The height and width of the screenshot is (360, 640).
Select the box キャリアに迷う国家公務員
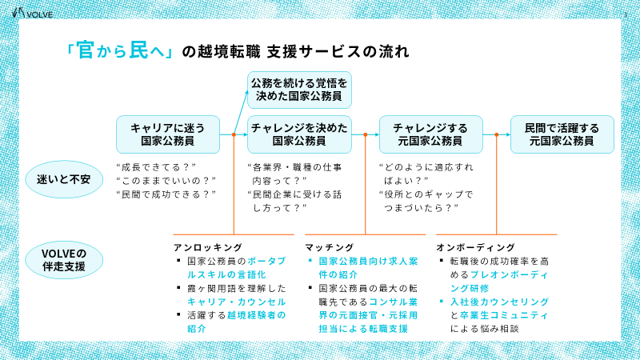click(167, 134)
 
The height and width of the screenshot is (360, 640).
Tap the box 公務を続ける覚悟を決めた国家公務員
click(298, 90)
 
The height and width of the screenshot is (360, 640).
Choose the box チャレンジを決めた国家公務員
click(298, 134)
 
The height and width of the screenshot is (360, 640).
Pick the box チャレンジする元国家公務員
click(430, 134)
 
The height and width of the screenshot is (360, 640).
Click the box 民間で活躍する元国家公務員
click(561, 134)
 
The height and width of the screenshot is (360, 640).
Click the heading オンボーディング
click(475, 247)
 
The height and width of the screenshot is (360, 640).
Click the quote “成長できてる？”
click(157, 167)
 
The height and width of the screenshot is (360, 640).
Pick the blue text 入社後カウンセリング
click(494, 302)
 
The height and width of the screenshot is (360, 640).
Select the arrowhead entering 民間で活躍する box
click(507, 134)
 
